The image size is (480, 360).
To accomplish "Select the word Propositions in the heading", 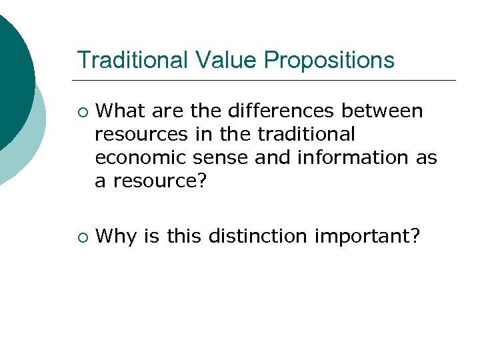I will pyautogui.click(x=329, y=61).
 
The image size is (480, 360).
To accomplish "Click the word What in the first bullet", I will pyautogui.click(x=125, y=111).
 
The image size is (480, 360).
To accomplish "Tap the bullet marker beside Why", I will pyautogui.click(x=81, y=235).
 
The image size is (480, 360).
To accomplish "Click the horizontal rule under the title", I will pyautogui.click(x=267, y=81).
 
